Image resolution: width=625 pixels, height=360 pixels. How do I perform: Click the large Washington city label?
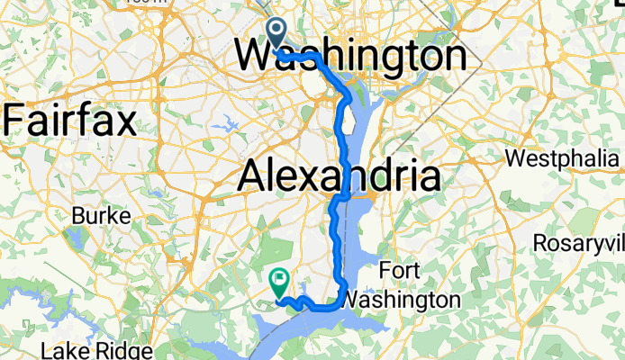click(x=351, y=57)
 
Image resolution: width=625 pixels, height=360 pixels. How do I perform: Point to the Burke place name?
click(x=98, y=216)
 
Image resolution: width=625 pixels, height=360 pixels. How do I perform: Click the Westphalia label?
click(x=566, y=158)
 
